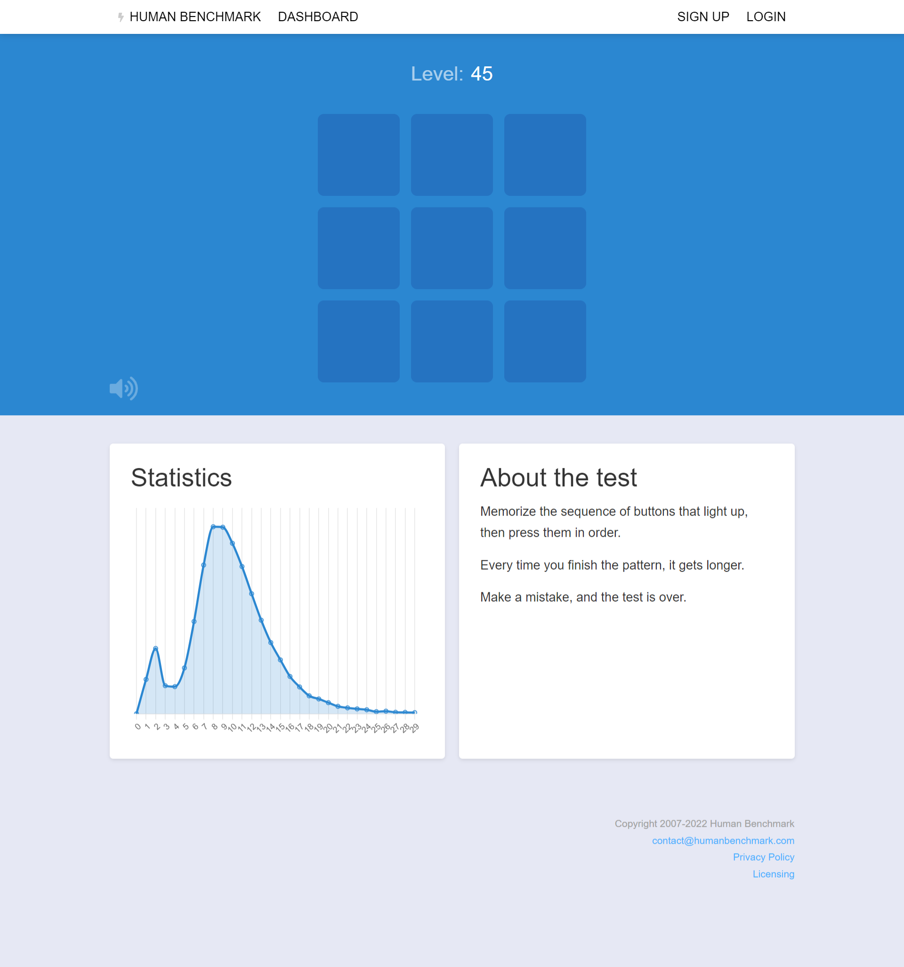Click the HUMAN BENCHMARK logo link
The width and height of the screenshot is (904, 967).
click(x=190, y=17)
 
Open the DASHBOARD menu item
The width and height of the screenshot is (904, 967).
click(x=318, y=17)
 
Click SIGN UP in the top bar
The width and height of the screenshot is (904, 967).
click(x=703, y=17)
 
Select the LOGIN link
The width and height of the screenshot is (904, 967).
click(x=766, y=17)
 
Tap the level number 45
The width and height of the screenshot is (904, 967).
click(x=482, y=74)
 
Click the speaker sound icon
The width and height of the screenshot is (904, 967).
click(x=123, y=388)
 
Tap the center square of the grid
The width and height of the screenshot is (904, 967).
click(x=452, y=248)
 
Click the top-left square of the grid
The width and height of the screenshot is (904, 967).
click(x=359, y=155)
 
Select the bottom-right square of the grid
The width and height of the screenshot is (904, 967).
click(x=545, y=341)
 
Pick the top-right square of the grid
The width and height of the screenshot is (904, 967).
click(x=545, y=155)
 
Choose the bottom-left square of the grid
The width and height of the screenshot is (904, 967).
click(x=359, y=341)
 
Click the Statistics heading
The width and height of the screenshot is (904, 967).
click(x=181, y=478)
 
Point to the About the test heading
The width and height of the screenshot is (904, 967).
click(x=558, y=478)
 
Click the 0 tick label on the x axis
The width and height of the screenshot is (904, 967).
click(x=137, y=726)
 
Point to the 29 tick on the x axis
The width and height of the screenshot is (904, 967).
click(x=414, y=728)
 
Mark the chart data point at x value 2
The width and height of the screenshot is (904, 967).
click(x=156, y=648)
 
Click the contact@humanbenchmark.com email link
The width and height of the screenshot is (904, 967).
click(x=723, y=840)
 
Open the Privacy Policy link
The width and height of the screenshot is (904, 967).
click(x=763, y=857)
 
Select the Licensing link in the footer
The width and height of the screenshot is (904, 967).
click(x=773, y=874)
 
